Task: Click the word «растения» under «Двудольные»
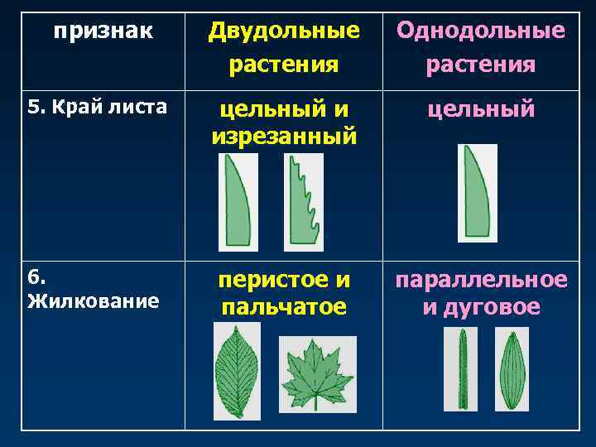click(x=284, y=64)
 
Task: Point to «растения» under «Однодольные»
click(x=481, y=64)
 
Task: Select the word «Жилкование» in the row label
click(x=93, y=300)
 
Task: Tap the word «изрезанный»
click(x=284, y=135)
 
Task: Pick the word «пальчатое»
click(x=284, y=307)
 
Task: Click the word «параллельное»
click(x=481, y=280)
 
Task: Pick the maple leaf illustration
click(x=317, y=375)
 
